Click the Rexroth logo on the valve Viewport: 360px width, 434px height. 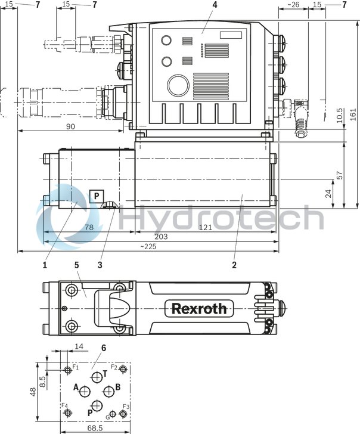[x=199, y=308]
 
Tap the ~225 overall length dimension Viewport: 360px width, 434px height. [x=149, y=247]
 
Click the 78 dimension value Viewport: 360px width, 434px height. [x=88, y=227]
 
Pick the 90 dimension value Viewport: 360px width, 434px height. [x=70, y=126]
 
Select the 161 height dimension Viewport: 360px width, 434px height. [x=352, y=113]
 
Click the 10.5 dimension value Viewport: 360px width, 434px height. [x=339, y=115]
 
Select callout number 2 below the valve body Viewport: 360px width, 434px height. [x=234, y=264]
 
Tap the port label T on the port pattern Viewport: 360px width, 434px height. [x=105, y=373]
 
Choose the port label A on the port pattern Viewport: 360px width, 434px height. [x=76, y=387]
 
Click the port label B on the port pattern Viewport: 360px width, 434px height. [x=118, y=387]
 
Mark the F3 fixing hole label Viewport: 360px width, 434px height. [x=126, y=407]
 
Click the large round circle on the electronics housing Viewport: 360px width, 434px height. [x=178, y=86]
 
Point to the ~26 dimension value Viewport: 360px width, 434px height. [x=293, y=5]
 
